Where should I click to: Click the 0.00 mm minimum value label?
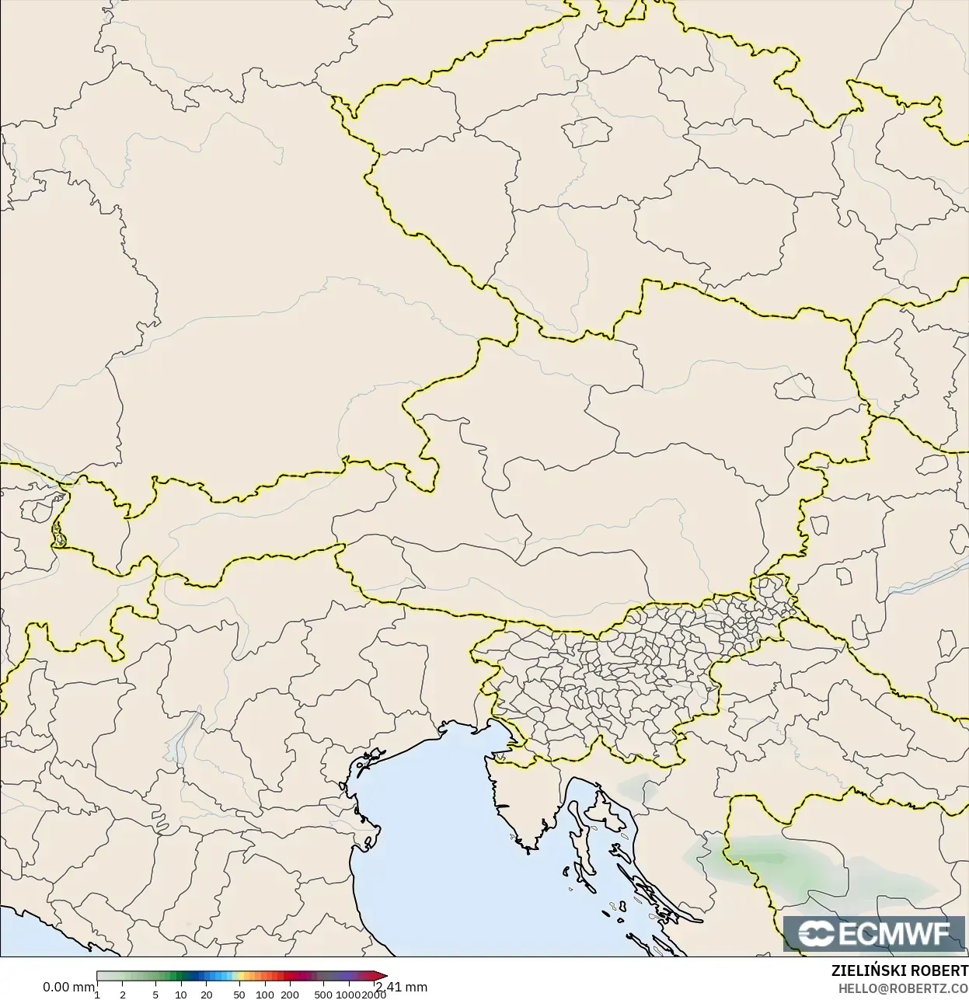coord(68,987)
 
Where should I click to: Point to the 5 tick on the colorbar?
coord(155,994)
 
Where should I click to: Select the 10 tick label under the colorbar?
coord(181,994)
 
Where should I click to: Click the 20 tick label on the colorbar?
coord(207,994)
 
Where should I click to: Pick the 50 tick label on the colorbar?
coord(239,994)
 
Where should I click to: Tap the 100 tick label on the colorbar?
coord(265,994)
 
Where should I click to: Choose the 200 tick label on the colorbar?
coord(290,994)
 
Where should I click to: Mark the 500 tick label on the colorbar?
coord(323,994)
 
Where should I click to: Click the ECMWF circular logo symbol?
coord(817,933)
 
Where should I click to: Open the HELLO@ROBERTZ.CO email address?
coord(902,988)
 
